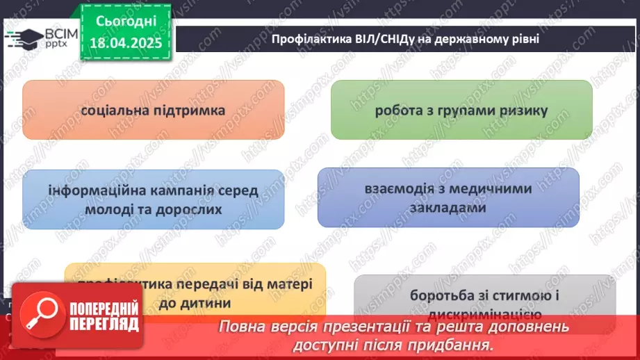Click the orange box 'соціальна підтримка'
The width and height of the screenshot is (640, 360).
(x=154, y=110)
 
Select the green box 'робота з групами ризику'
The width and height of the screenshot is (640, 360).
(x=461, y=110)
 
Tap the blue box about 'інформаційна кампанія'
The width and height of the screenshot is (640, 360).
(x=154, y=199)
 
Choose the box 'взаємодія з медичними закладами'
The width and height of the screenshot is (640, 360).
(x=448, y=197)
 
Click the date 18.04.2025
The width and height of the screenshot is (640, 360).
(x=125, y=43)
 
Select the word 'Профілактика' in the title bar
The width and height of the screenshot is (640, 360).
(x=306, y=39)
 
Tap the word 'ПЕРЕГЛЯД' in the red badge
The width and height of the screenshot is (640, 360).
(x=104, y=325)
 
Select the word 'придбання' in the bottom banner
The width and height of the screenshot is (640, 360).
(x=461, y=343)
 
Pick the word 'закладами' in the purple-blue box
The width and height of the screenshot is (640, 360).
(x=448, y=206)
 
